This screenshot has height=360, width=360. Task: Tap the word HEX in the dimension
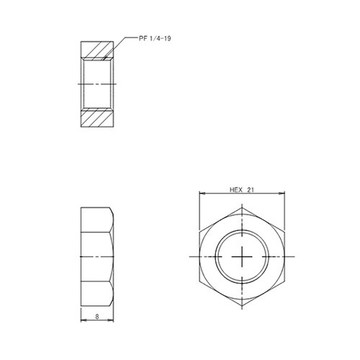tap(236, 191)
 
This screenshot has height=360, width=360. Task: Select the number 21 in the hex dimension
tap(252, 191)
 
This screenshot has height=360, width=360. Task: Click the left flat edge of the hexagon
tap(199, 257)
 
